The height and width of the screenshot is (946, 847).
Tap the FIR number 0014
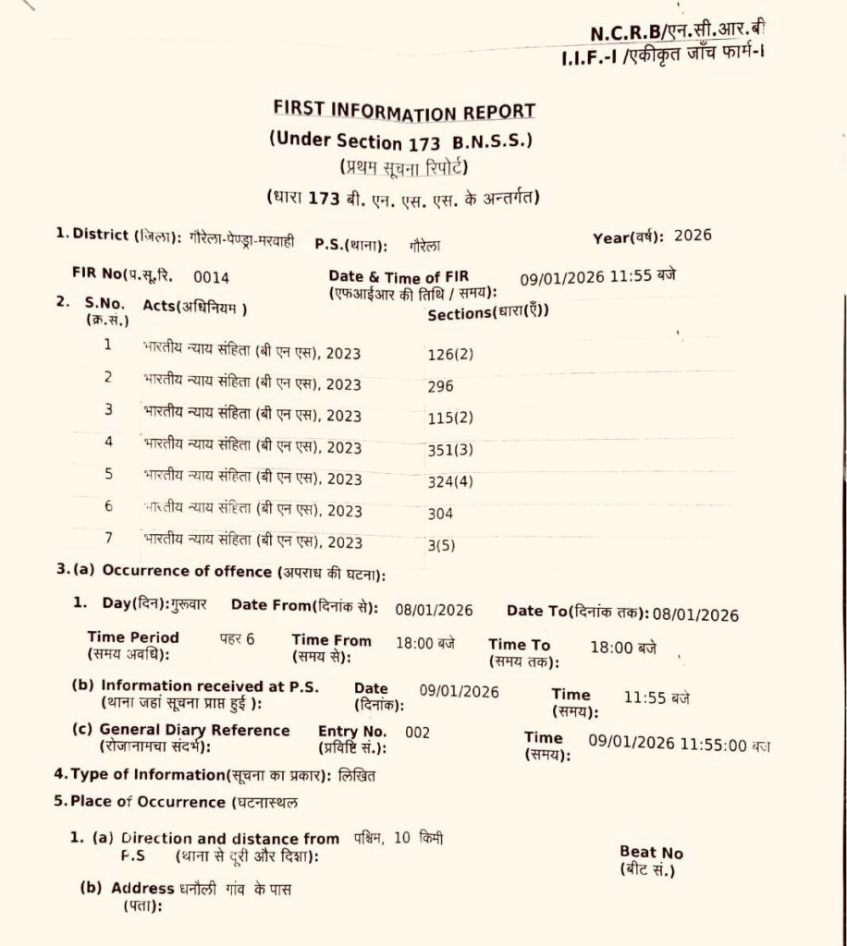coord(212,277)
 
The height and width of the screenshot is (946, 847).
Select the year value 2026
coord(694,235)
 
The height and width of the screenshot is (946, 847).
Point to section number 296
coord(441,386)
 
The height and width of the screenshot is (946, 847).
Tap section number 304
coord(441,513)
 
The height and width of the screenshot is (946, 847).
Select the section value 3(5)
coord(442,545)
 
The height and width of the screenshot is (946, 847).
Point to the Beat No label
coord(651,853)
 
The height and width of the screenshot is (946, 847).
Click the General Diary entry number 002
coord(418,733)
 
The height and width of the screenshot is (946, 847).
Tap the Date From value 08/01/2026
coord(434,610)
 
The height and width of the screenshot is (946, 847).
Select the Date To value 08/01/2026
coord(695,614)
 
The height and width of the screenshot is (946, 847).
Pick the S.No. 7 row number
coord(108,538)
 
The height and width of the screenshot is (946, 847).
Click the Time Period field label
coord(133,637)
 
